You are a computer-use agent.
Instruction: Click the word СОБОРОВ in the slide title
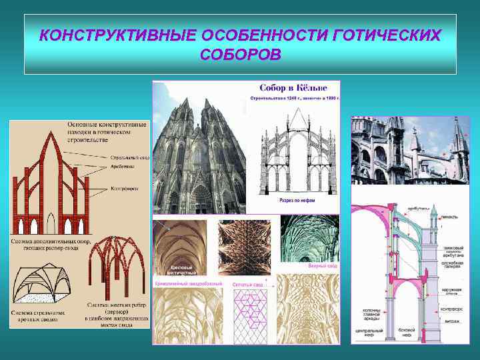click(240, 54)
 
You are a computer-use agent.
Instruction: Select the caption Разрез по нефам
click(286, 200)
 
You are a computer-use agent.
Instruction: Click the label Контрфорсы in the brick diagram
click(125, 189)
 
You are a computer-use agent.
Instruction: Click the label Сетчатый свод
click(248, 284)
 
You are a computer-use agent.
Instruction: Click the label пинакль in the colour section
click(451, 218)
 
